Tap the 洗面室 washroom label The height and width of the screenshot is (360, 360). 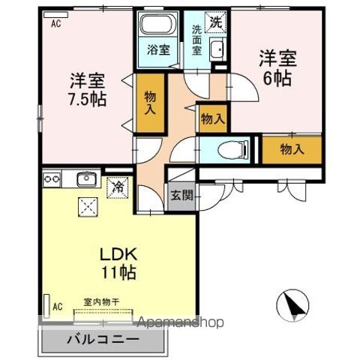196,40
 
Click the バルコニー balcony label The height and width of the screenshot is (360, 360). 105,339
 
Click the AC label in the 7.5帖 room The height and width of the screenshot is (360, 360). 56,22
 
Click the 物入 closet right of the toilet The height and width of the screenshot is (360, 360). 291,148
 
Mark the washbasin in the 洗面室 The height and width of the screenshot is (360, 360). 216,49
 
